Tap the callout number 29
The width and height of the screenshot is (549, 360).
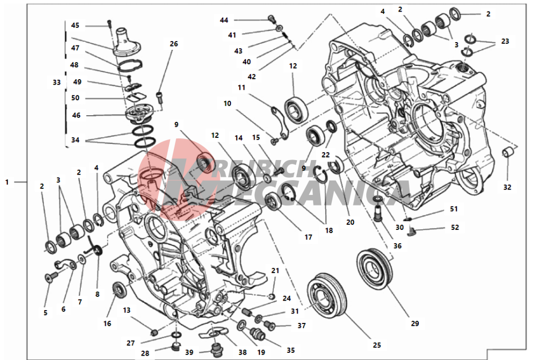[415, 323]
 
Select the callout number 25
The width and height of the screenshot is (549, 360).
[377, 344]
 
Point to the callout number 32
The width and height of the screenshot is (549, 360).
[507, 187]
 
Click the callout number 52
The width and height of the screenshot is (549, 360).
[454, 227]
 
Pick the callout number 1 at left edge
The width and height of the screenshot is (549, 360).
[7, 182]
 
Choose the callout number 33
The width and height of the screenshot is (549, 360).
[57, 82]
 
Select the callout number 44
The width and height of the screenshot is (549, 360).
[224, 20]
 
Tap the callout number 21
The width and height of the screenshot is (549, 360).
[275, 270]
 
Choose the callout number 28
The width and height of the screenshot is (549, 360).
[145, 353]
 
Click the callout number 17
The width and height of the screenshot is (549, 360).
[308, 237]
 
